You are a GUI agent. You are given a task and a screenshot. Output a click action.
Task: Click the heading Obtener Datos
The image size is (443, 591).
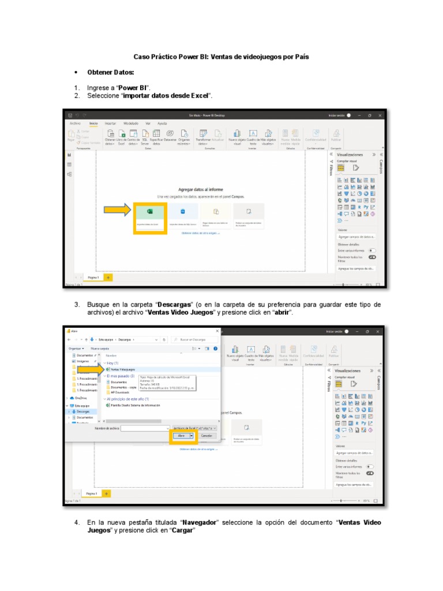pos(110,72)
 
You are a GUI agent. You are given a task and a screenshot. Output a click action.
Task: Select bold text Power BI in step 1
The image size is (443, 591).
pos(133,88)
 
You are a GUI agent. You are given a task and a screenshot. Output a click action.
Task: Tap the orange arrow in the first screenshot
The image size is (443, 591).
pos(117,211)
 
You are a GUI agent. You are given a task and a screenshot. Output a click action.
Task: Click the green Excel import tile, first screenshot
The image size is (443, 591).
pos(150,217)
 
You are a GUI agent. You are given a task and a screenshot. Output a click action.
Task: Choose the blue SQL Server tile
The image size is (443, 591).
pos(182,216)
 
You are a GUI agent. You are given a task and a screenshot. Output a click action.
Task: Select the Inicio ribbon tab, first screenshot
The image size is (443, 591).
pos(93,124)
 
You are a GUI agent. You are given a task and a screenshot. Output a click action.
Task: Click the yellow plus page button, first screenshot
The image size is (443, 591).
pos(107,278)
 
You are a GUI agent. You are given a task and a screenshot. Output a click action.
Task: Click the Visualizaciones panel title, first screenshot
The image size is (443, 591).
pos(350,155)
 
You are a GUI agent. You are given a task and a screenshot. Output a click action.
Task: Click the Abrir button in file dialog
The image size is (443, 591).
pos(182,436)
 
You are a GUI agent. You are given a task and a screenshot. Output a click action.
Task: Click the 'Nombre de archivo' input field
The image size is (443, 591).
pos(144,428)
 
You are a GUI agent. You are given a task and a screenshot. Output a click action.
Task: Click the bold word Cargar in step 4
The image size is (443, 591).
pos(183,530)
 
